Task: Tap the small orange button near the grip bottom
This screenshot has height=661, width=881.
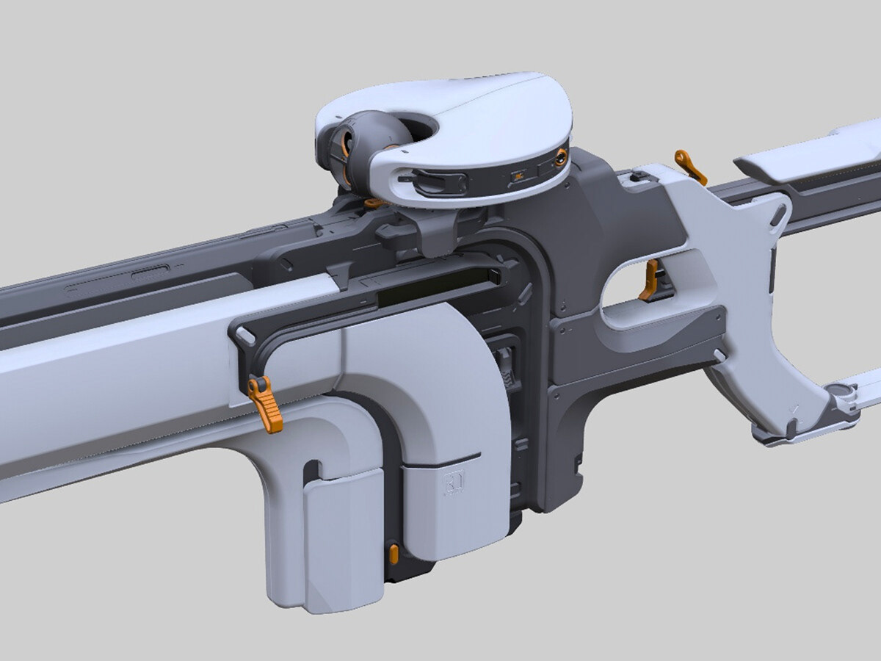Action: point(394,554)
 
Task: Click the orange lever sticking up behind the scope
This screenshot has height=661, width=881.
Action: point(691,167)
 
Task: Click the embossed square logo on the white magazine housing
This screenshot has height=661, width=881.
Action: point(449,483)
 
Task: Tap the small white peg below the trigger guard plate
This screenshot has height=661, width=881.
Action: point(719,355)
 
